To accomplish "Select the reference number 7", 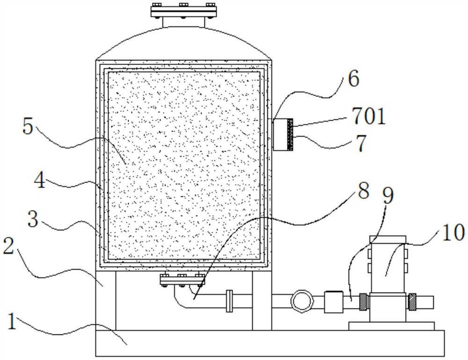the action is point(361,144).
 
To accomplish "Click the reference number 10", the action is point(453,232).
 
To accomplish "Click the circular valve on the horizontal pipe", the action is point(300,301).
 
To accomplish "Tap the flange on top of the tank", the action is point(183,10).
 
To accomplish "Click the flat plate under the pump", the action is point(391,325).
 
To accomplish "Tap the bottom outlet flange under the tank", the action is point(182,281).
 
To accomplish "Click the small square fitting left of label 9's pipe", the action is point(333,302).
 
